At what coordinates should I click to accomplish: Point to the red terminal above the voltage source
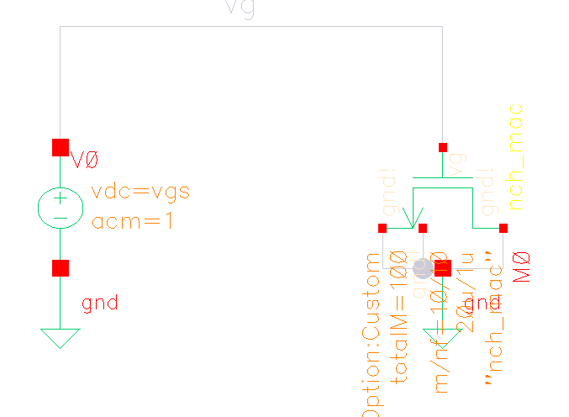click(x=61, y=148)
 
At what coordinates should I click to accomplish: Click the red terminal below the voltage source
click(x=61, y=268)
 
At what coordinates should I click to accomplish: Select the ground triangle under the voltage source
click(x=61, y=336)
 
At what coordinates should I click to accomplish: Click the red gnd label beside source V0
click(x=100, y=303)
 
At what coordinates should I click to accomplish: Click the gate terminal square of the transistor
click(x=443, y=148)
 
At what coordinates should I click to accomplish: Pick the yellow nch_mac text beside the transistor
click(x=516, y=156)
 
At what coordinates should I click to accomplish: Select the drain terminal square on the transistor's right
click(x=503, y=228)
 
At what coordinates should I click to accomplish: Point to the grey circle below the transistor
click(x=423, y=269)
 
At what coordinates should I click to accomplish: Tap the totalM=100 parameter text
click(x=400, y=318)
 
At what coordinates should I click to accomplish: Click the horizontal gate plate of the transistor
click(x=443, y=178)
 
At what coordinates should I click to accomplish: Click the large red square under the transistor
click(x=443, y=268)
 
